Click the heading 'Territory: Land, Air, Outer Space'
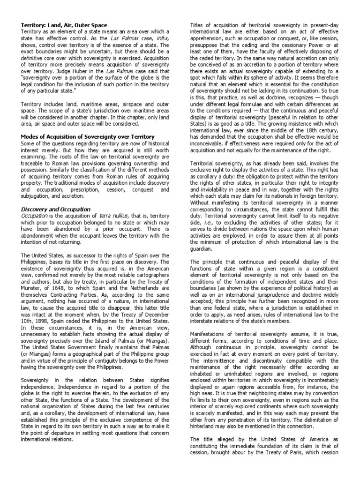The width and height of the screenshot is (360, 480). coord(64,25)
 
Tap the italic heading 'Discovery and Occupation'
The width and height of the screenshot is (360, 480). coord(56,209)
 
